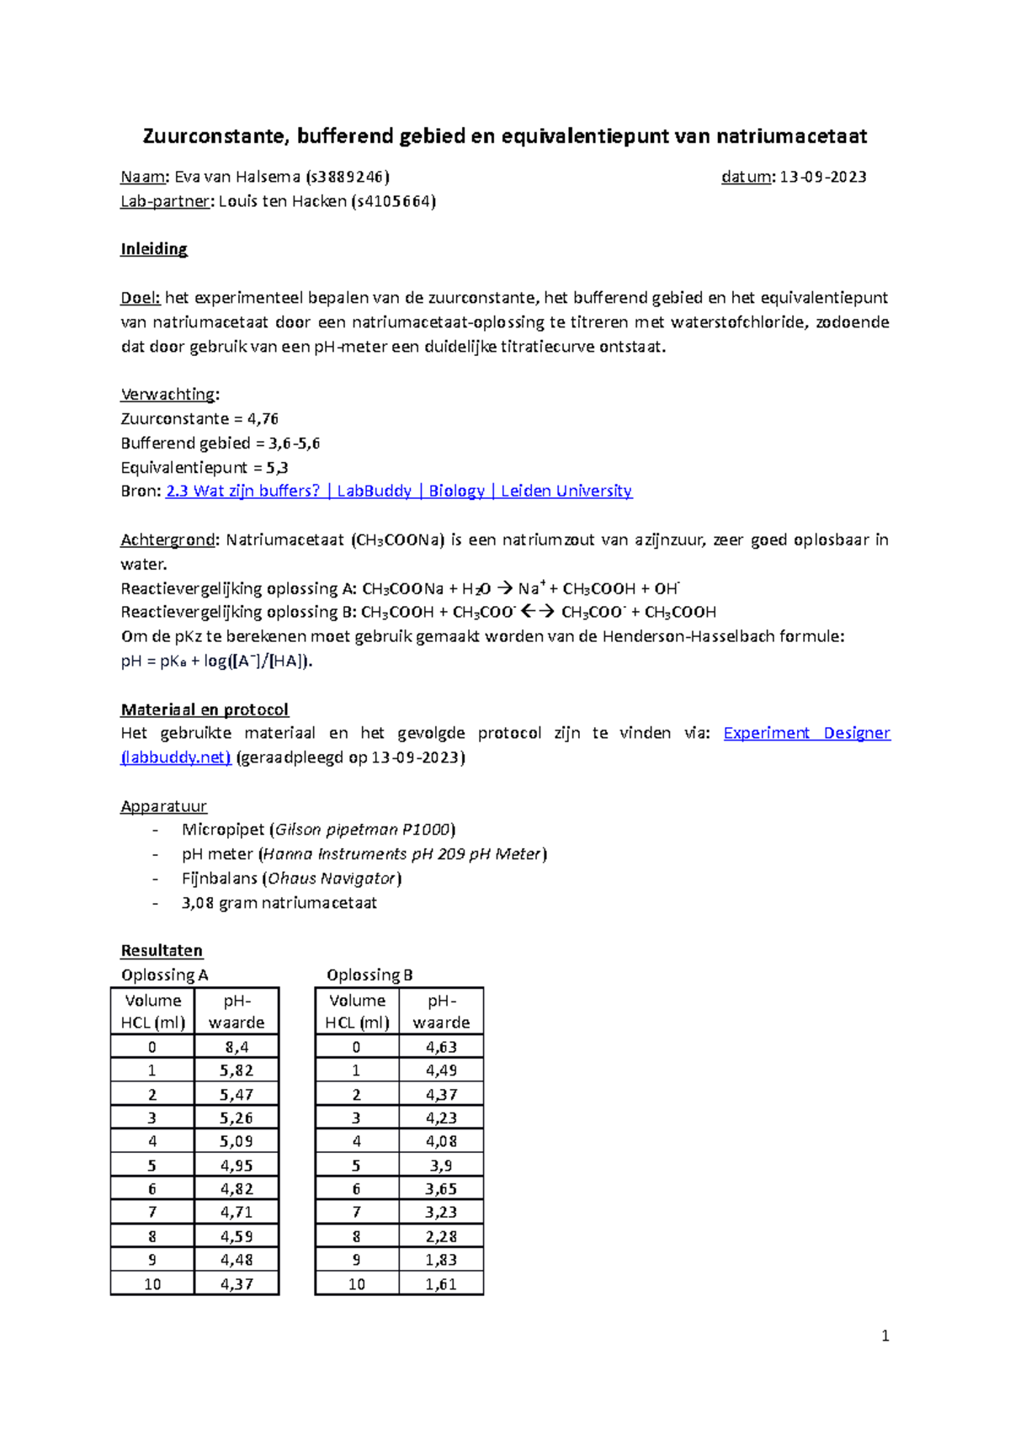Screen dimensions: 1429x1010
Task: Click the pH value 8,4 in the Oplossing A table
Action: click(x=237, y=1047)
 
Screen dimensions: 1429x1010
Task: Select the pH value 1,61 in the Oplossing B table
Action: click(x=441, y=1284)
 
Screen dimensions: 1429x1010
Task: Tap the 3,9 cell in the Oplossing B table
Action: click(x=441, y=1166)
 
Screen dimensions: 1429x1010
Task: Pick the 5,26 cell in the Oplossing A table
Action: click(x=237, y=1118)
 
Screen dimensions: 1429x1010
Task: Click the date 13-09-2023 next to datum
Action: click(x=822, y=177)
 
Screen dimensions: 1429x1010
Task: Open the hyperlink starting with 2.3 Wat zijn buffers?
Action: click(x=398, y=491)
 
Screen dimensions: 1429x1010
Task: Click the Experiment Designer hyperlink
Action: click(x=805, y=733)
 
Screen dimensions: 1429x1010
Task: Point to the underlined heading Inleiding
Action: click(x=154, y=249)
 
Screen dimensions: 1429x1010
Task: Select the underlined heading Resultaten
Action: click(x=162, y=950)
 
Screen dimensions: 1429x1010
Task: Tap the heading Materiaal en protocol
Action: click(x=205, y=709)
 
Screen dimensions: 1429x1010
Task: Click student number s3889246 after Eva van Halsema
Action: click(x=348, y=177)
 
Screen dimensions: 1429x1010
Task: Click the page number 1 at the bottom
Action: click(x=885, y=1336)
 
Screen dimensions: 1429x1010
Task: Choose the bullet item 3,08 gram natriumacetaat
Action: click(x=279, y=903)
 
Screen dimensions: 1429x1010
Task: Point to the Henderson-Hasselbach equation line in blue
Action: click(x=216, y=661)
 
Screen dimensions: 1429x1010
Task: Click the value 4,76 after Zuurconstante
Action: click(x=263, y=418)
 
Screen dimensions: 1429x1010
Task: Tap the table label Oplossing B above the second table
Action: click(x=369, y=975)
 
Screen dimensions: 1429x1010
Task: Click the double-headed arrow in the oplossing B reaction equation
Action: click(x=538, y=612)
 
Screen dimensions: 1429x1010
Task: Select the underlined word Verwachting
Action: click(x=169, y=394)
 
